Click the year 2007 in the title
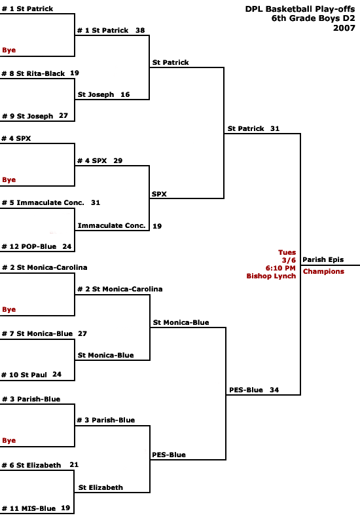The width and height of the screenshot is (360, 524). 344,28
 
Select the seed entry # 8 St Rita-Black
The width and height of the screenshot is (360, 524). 33,73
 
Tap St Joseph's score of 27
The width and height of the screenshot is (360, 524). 63,116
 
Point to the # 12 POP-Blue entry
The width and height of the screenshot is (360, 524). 29,247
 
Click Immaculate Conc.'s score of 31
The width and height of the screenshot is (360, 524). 96,202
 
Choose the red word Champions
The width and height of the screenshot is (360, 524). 323,271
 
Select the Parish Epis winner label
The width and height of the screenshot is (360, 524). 323,259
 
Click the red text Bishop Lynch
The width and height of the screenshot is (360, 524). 271,276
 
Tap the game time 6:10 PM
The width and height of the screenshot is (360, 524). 281,268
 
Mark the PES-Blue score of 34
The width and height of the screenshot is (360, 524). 274,390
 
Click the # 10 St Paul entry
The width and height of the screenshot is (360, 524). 24,375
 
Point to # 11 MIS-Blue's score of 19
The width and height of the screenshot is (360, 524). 65,508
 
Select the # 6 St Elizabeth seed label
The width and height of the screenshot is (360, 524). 31,465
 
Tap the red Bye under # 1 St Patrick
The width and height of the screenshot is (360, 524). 9,50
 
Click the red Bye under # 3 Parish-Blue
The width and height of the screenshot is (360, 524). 9,440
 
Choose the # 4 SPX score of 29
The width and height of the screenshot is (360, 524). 118,160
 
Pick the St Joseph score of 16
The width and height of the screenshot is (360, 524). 125,94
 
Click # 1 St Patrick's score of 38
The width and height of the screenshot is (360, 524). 140,30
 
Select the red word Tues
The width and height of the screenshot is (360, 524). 287,252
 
